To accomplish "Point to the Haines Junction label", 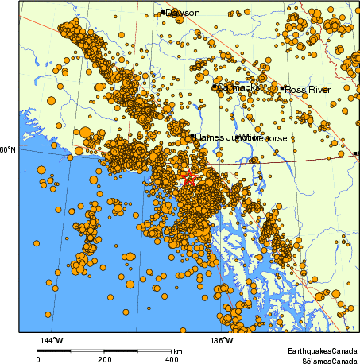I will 224,137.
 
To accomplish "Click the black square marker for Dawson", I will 163,12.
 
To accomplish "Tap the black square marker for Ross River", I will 282,88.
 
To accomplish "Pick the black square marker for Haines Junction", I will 192,136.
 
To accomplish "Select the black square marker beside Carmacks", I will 215,87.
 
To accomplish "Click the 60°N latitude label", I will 7,149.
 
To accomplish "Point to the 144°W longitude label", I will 52,341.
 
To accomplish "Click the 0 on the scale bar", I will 38,359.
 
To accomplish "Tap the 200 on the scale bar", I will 105,359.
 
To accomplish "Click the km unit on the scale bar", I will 178,351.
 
